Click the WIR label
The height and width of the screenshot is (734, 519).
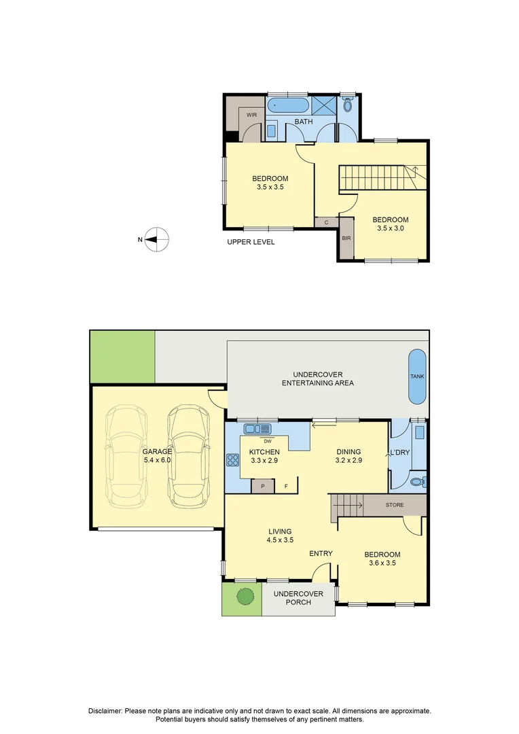251,115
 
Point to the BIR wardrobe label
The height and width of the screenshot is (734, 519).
346,239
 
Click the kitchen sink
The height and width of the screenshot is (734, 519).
257,428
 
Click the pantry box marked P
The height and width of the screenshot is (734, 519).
263,486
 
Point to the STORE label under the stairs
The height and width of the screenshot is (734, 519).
395,505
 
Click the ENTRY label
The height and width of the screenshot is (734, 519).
321,553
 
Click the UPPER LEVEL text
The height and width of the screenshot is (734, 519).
251,243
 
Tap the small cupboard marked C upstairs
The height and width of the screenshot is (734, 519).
327,222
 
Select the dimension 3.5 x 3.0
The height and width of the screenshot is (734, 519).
390,229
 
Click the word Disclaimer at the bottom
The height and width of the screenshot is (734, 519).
105,711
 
